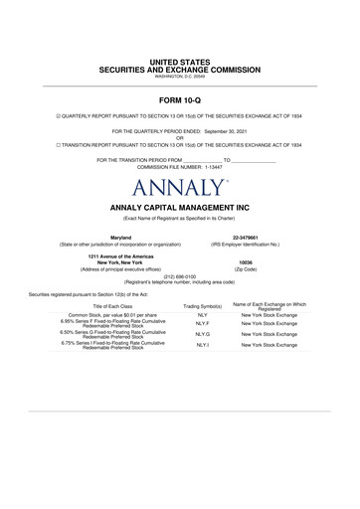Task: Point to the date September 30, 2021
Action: (238, 134)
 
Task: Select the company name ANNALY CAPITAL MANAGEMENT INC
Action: (179, 208)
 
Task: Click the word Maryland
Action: (120, 236)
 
